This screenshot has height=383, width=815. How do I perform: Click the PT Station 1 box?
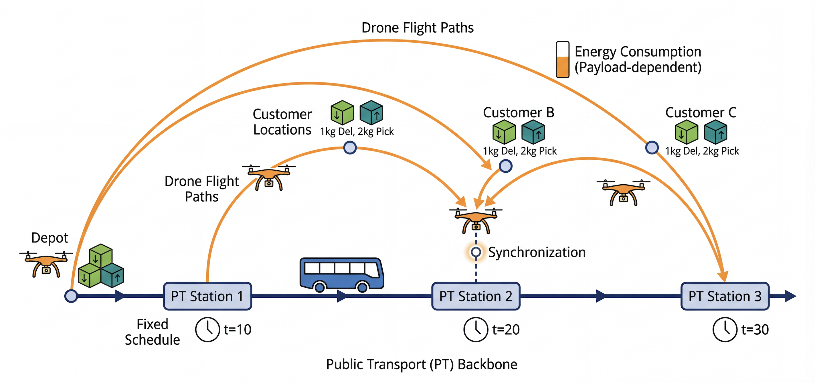pos(207,296)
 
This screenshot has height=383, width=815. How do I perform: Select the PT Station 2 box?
pos(476,296)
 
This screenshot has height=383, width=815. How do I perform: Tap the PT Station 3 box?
pos(725,296)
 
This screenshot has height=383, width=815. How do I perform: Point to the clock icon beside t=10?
pos(207,329)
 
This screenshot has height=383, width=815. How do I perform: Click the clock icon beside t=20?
pos(476,329)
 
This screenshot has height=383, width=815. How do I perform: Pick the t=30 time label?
pos(755,330)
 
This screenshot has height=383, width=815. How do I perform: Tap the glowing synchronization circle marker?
pos(476,252)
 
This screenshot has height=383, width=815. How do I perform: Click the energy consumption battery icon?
pos(563,60)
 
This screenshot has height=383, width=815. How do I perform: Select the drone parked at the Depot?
pos(46,264)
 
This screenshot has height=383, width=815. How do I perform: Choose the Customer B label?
pos(519,113)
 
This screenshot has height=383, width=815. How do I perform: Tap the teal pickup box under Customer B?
pos(533,132)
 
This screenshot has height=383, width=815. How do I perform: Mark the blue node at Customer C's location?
pos(652,147)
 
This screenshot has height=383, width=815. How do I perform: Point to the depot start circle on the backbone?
pos(71,296)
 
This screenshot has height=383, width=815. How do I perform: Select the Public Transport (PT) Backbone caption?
pos(422,364)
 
